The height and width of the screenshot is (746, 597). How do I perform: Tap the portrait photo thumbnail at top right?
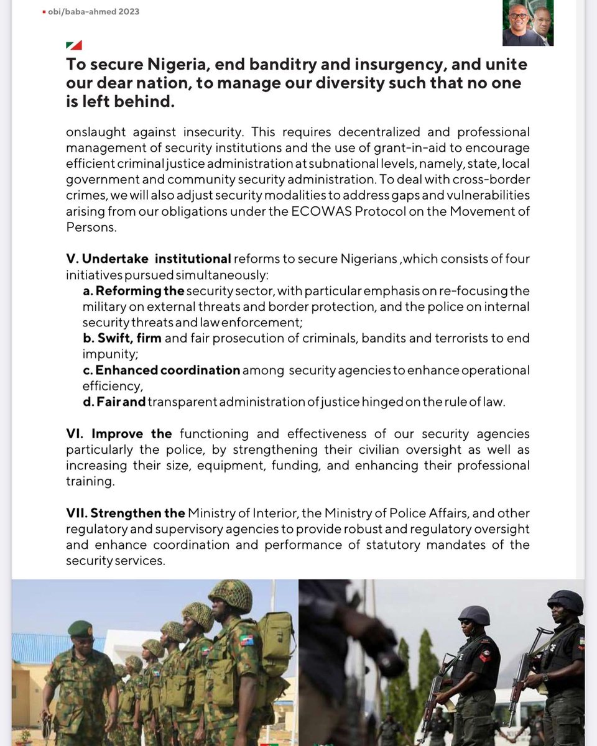coord(527,23)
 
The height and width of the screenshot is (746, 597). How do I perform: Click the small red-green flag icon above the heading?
coord(73,45)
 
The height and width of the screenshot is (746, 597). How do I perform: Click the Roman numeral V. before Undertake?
coord(72,259)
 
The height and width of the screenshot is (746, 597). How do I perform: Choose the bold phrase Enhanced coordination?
coord(168,371)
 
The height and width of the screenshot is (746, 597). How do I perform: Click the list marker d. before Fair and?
coord(88,402)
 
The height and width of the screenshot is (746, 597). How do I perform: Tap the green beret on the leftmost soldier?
coord(80,629)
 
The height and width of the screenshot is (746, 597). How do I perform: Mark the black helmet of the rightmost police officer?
coord(565,601)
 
